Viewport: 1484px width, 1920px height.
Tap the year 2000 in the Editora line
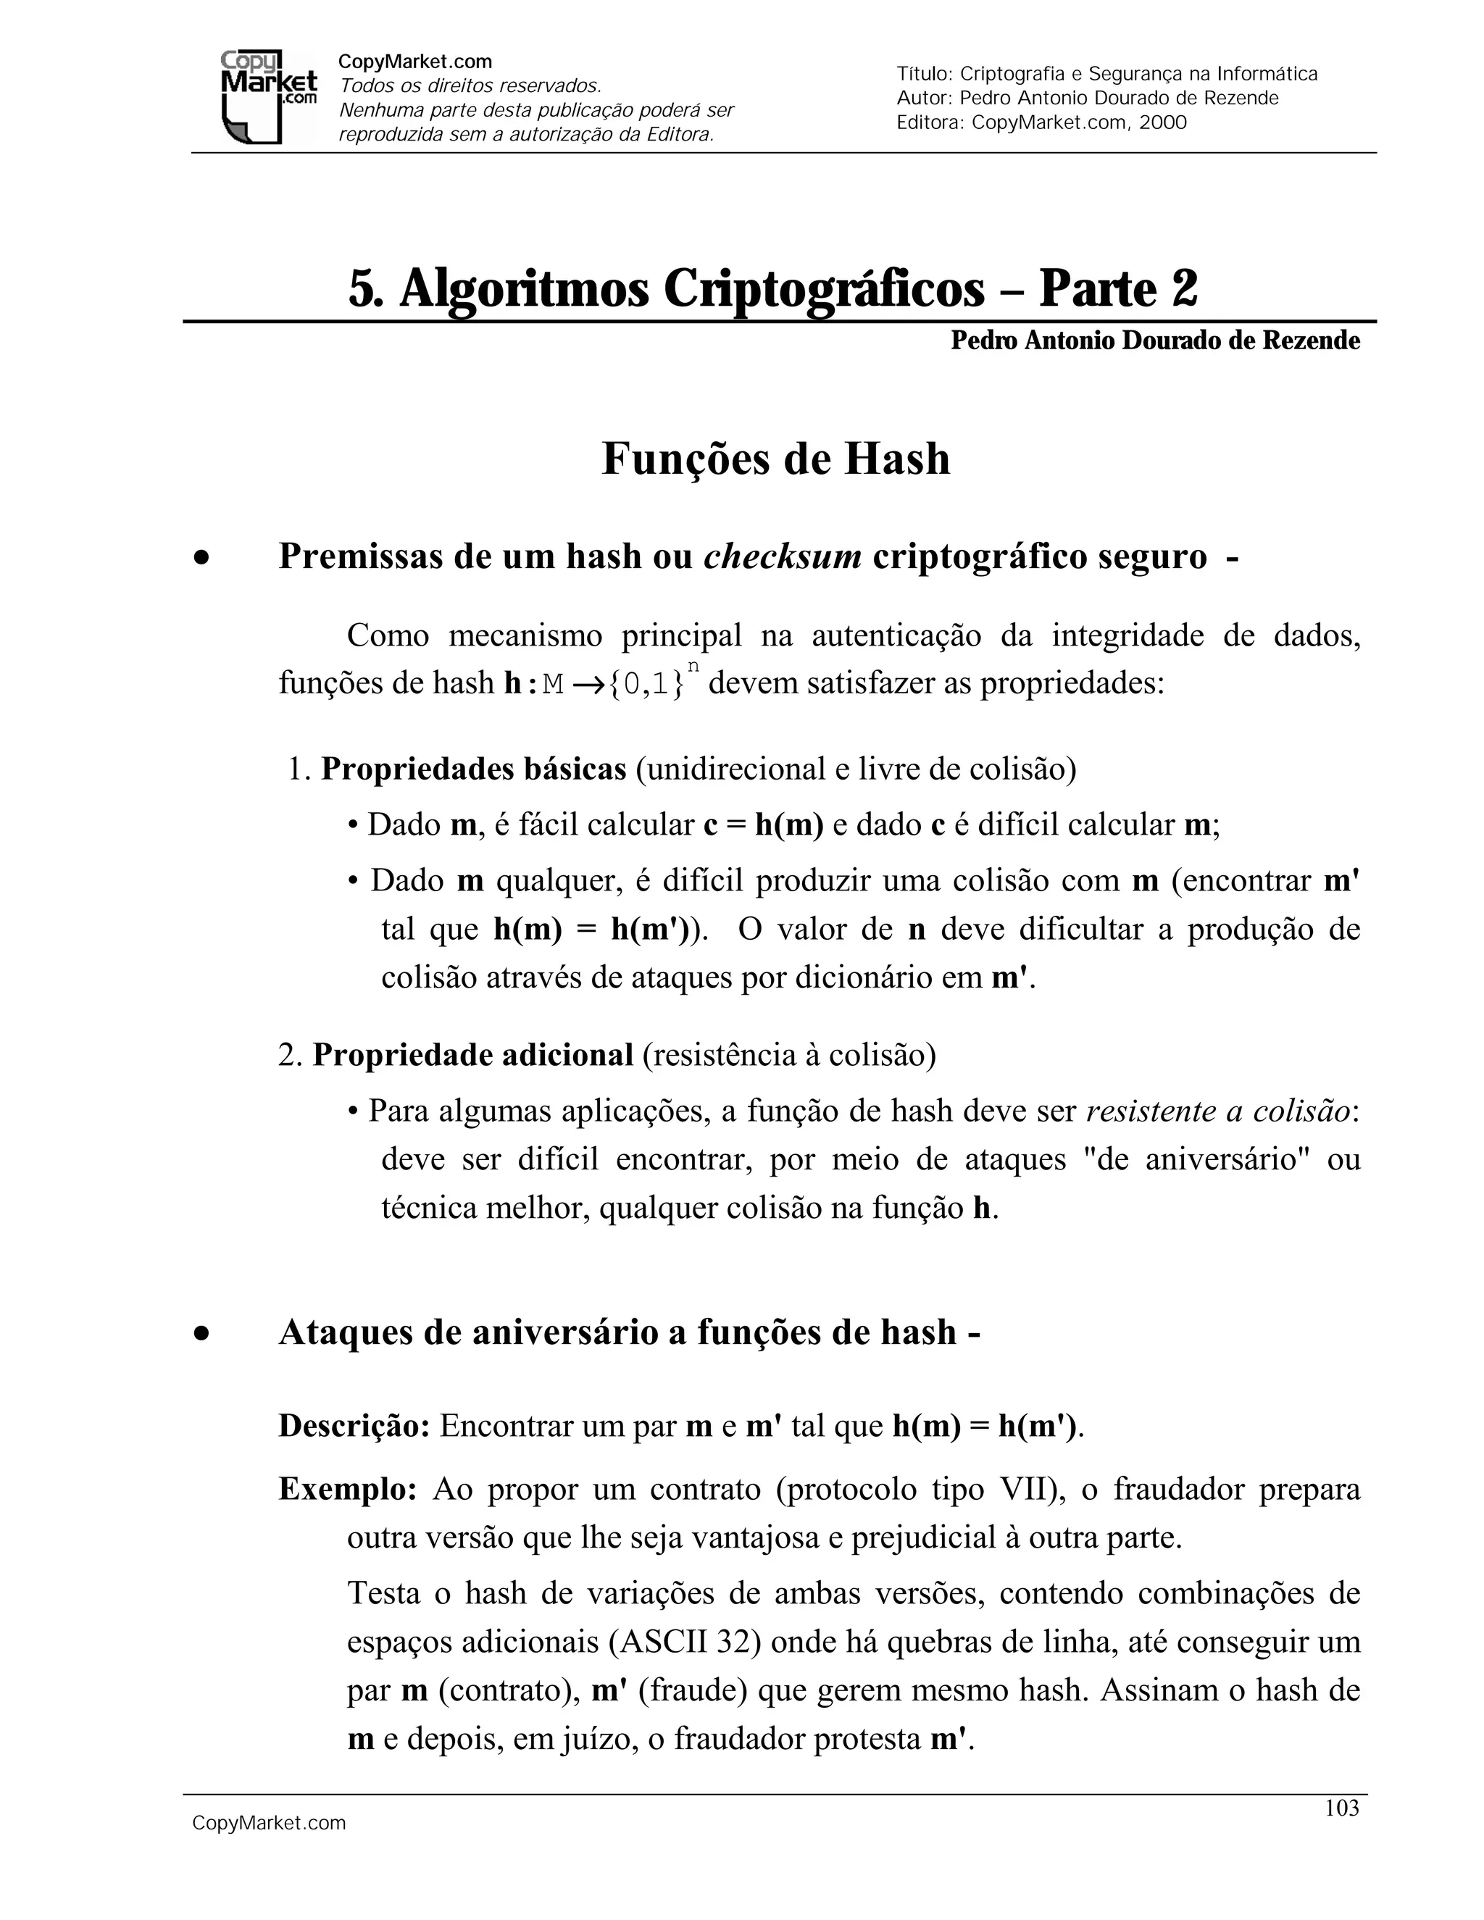1162,122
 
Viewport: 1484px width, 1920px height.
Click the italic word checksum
782,556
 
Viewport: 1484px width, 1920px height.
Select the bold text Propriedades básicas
473,769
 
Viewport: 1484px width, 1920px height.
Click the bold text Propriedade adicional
472,1055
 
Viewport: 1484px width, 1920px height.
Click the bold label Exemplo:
347,1488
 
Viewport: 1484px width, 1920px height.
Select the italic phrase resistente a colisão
1217,1111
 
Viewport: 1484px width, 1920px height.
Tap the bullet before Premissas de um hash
202,557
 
